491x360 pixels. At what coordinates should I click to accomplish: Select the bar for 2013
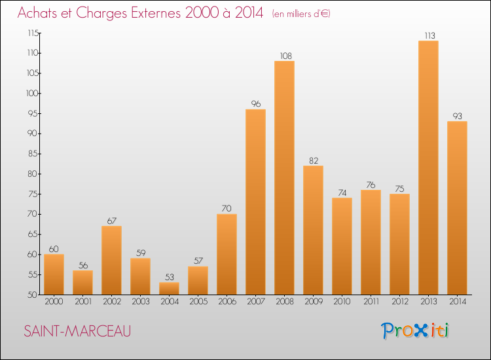coord(428,168)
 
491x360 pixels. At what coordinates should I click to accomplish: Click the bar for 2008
coord(284,177)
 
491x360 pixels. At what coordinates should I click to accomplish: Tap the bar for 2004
coord(169,288)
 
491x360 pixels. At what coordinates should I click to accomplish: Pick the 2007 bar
coord(255,202)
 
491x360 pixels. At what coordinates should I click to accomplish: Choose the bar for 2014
coord(457,207)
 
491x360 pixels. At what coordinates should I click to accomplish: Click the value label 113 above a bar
coord(428,35)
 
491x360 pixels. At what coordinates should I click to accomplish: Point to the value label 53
coord(169,277)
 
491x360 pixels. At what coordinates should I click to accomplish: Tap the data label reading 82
coord(313,160)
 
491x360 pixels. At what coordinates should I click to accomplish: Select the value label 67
coord(111,221)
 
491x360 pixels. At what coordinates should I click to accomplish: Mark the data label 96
coord(255,104)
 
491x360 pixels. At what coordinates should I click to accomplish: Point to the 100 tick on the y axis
coord(31,94)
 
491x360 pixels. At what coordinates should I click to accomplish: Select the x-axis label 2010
coord(342,302)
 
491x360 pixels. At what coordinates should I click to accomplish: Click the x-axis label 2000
coord(54,302)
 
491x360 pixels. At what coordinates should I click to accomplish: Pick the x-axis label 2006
coord(227,302)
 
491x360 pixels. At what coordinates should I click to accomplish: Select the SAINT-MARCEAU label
coord(77,331)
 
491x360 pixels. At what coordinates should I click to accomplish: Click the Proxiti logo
coord(416,331)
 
